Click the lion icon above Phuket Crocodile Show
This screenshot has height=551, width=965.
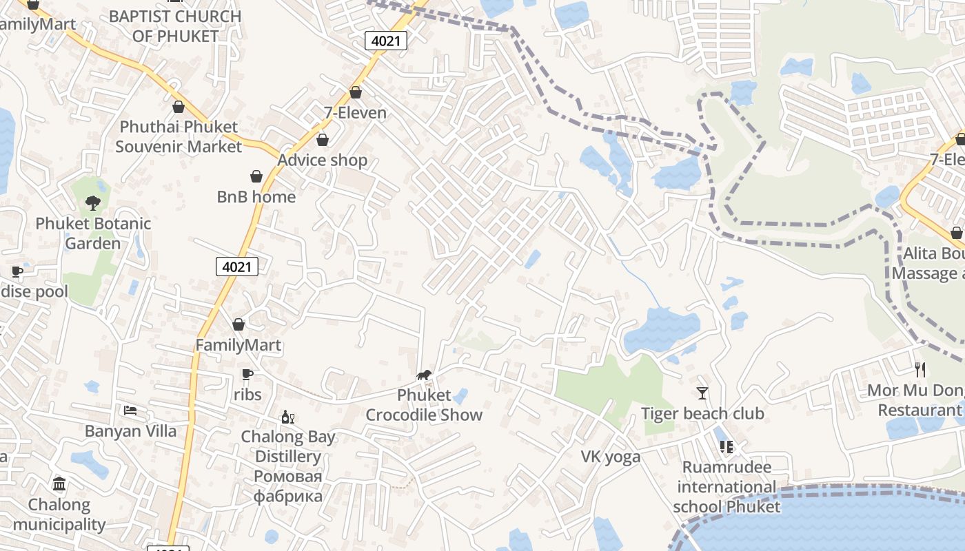click(424, 375)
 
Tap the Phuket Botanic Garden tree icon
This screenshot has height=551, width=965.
click(92, 202)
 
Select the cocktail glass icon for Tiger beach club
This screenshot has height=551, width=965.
click(702, 393)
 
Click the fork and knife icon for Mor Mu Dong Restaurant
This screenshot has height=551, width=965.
click(920, 370)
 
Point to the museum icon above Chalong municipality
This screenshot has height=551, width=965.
click(59, 484)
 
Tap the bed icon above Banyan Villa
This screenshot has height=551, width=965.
click(130, 410)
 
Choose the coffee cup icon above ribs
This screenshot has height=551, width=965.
click(247, 374)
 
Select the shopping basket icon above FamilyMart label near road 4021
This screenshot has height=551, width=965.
click(238, 324)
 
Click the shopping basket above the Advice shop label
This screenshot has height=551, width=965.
click(322, 140)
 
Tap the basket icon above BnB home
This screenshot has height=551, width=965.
click(256, 176)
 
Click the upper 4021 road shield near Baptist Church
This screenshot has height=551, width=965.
click(386, 41)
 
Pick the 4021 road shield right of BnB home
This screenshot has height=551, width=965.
click(237, 267)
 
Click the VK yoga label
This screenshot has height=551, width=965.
click(611, 457)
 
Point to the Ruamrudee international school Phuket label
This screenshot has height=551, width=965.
click(727, 487)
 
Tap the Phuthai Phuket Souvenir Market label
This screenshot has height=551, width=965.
click(179, 136)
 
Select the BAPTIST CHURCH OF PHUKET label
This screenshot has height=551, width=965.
click(175, 25)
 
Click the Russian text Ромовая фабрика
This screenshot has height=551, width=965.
click(287, 486)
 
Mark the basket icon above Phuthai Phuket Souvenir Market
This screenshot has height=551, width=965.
click(179, 107)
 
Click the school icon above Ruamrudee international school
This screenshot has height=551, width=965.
click(727, 447)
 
